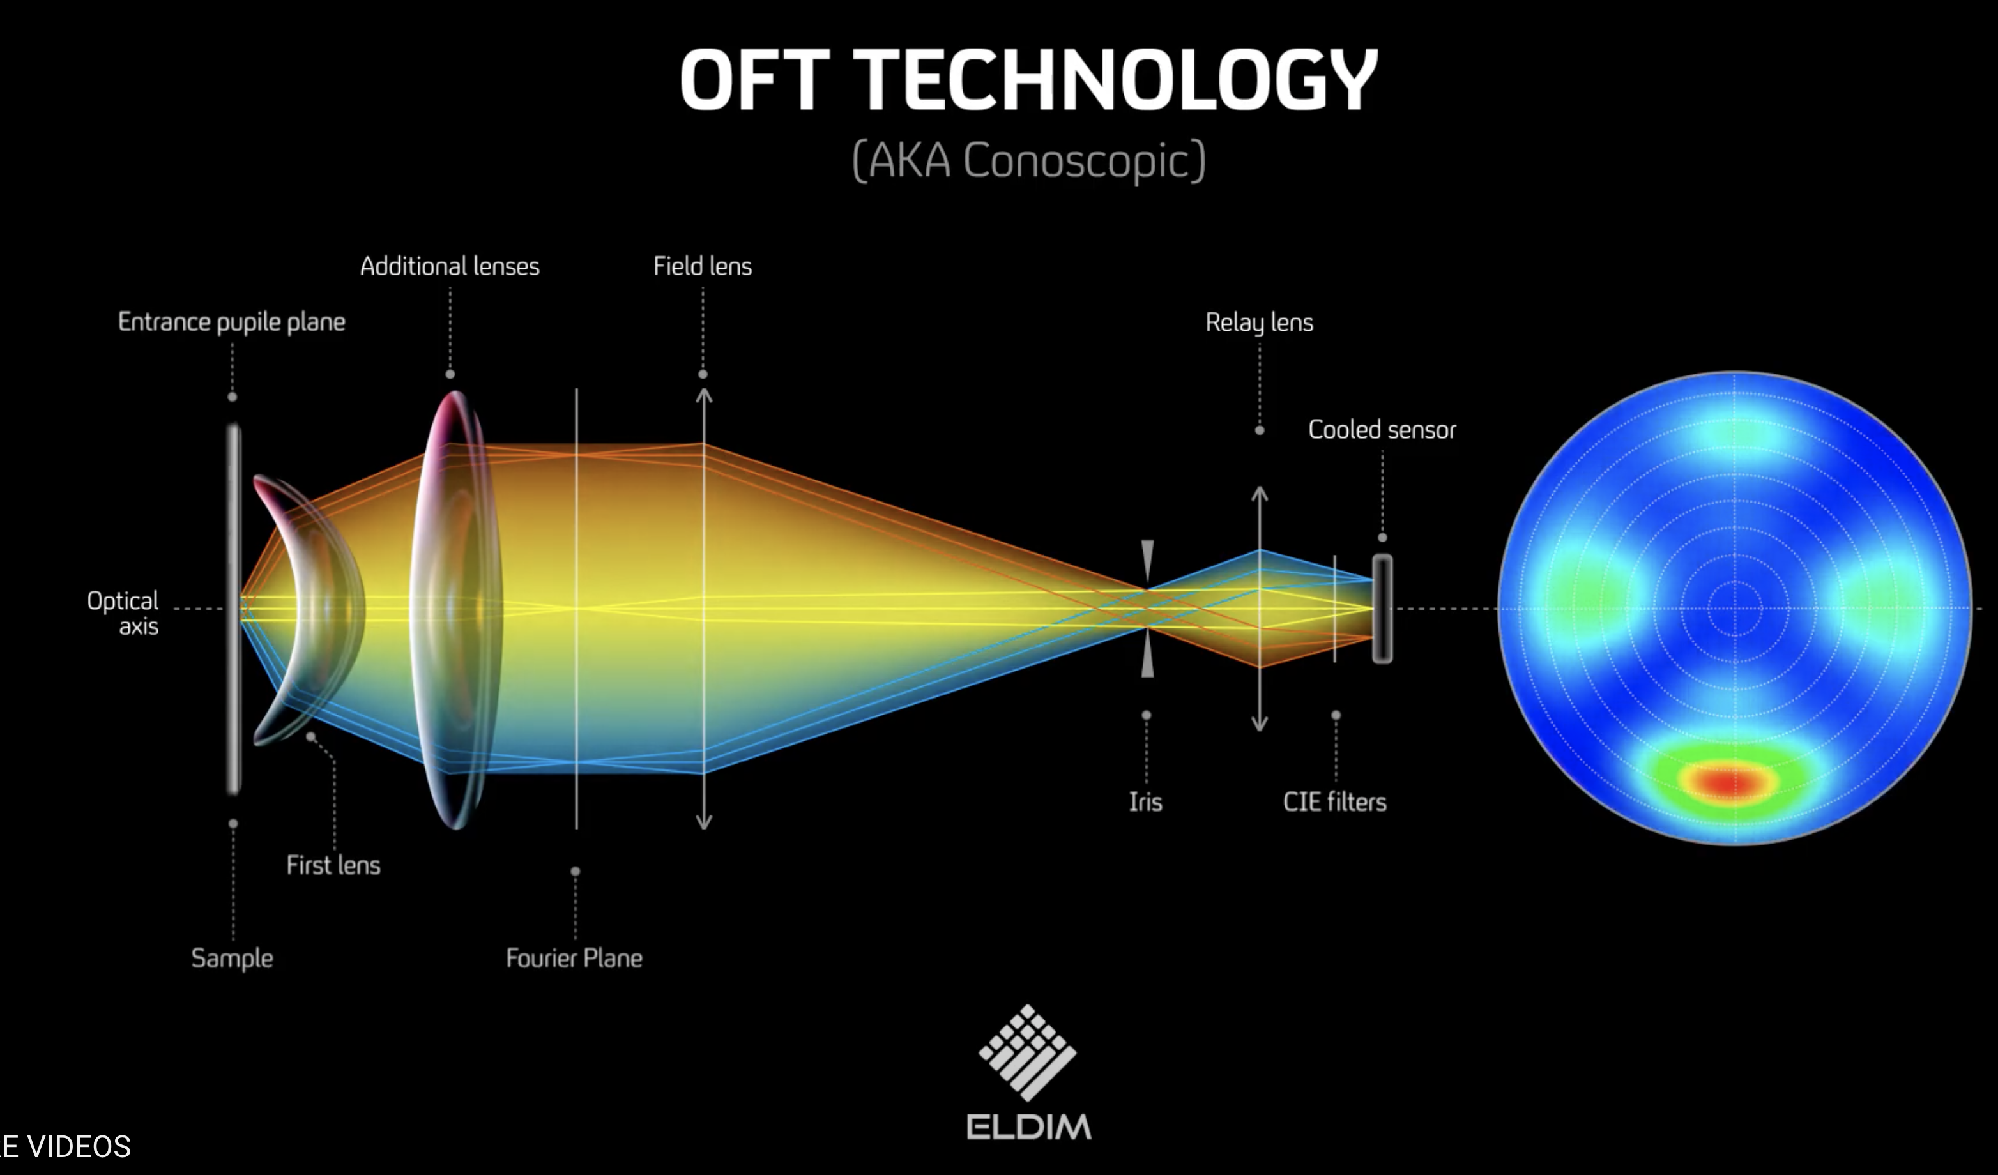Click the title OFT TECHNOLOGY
pos(1028,79)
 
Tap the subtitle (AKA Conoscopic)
pos(1028,161)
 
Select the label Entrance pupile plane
pos(231,322)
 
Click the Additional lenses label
pos(450,266)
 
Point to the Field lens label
pos(703,266)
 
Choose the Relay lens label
pos(1259,322)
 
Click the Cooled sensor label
pos(1382,430)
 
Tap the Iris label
pos(1146,801)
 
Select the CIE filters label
pos(1335,801)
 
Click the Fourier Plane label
pos(574,958)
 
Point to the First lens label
pos(333,865)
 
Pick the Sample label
pos(231,959)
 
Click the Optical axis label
pos(123,613)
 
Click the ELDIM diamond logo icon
pos(1028,1052)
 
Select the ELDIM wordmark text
pos(1028,1126)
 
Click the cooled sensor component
pos(1382,609)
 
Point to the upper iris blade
pos(1147,561)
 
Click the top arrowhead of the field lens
pos(703,394)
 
